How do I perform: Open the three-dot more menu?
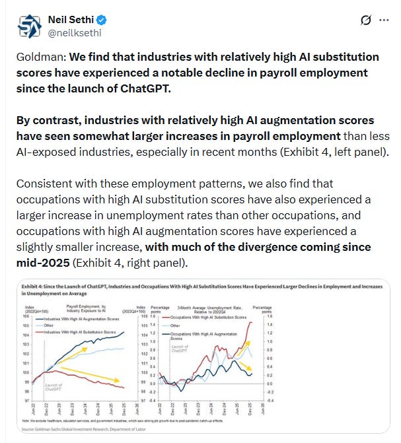384,20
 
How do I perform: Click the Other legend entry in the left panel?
48,325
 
